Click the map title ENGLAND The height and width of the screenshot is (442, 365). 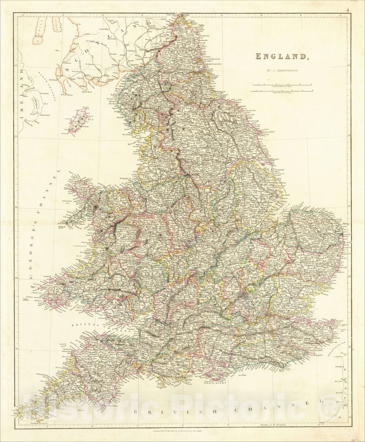[x=282, y=56]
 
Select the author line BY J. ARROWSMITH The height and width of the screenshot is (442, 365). [x=282, y=71]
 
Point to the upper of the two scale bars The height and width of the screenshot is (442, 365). [x=282, y=85]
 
